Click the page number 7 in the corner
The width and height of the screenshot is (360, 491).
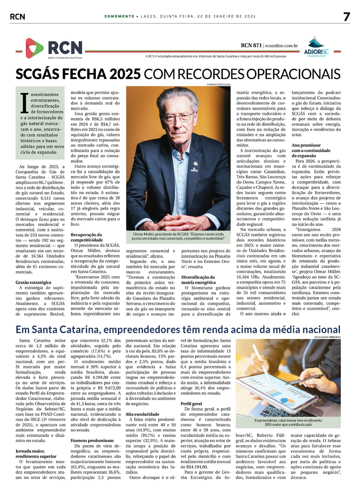(x=347, y=16)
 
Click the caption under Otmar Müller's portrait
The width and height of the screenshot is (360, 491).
(x=179, y=236)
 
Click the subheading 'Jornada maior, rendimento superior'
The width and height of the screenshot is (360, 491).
(x=36, y=454)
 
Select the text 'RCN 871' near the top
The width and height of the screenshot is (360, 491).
(x=252, y=46)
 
